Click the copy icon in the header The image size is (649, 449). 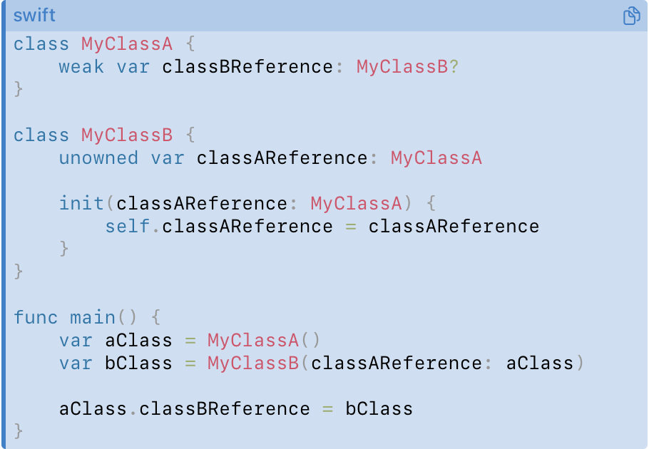[x=632, y=16]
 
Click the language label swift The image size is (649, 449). [x=34, y=16]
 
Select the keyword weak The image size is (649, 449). [x=81, y=67]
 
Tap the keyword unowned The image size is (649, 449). [x=98, y=158]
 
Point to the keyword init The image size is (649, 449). [x=81, y=203]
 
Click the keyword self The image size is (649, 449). [x=127, y=227]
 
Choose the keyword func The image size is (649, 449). [x=35, y=318]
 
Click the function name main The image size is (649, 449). [x=92, y=318]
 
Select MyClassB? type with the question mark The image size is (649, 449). [x=408, y=67]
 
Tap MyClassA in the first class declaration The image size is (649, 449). [x=127, y=43]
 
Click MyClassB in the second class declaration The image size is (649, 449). [x=127, y=135]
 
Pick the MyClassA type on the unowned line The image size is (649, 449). [x=436, y=158]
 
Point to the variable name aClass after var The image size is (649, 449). [x=138, y=341]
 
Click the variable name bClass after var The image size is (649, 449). [x=138, y=363]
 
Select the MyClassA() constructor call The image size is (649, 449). [x=264, y=341]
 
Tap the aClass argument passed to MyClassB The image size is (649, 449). [x=540, y=363]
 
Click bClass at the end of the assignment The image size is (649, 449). [x=379, y=409]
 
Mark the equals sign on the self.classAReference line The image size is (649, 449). [x=351, y=227]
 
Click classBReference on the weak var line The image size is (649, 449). [x=247, y=67]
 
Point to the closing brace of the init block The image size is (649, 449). [x=63, y=249]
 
